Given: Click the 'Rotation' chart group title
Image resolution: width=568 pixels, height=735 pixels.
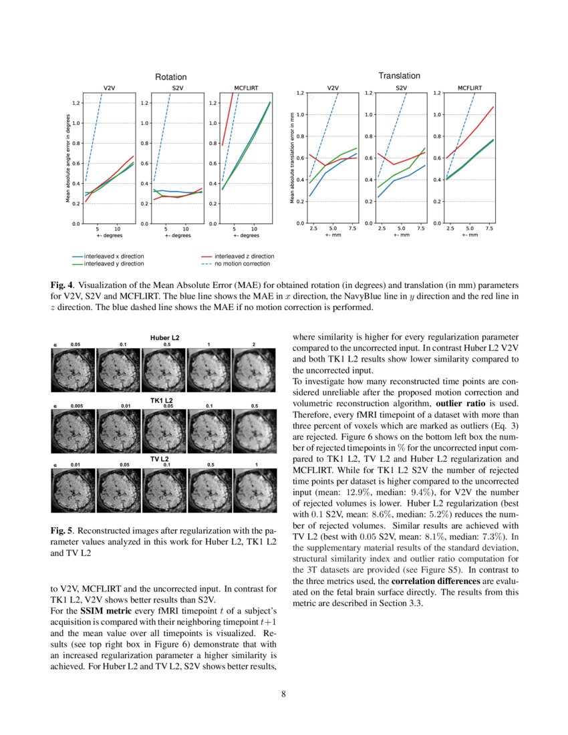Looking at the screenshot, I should tap(170, 78).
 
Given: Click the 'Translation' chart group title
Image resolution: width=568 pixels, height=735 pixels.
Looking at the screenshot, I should tap(399, 76).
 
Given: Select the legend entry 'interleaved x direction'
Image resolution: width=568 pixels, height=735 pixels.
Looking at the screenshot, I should tap(109, 256).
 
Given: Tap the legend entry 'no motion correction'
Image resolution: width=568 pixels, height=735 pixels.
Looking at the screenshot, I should tap(237, 264).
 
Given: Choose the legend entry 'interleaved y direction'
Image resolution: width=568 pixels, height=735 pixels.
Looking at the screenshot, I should tap(109, 264).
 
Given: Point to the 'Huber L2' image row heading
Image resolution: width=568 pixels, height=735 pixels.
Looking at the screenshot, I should tap(164, 337).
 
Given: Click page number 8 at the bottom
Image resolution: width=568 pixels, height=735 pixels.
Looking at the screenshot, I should tap(283, 694).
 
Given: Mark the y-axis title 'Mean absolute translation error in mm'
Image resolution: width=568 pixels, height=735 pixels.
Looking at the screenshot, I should tap(292, 158).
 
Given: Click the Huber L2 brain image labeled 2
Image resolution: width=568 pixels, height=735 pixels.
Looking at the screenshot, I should tap(253, 369).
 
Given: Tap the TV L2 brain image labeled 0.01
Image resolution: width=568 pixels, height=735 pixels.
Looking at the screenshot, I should tap(74, 491).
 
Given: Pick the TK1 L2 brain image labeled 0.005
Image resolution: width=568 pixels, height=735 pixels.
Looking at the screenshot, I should tap(74, 430).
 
